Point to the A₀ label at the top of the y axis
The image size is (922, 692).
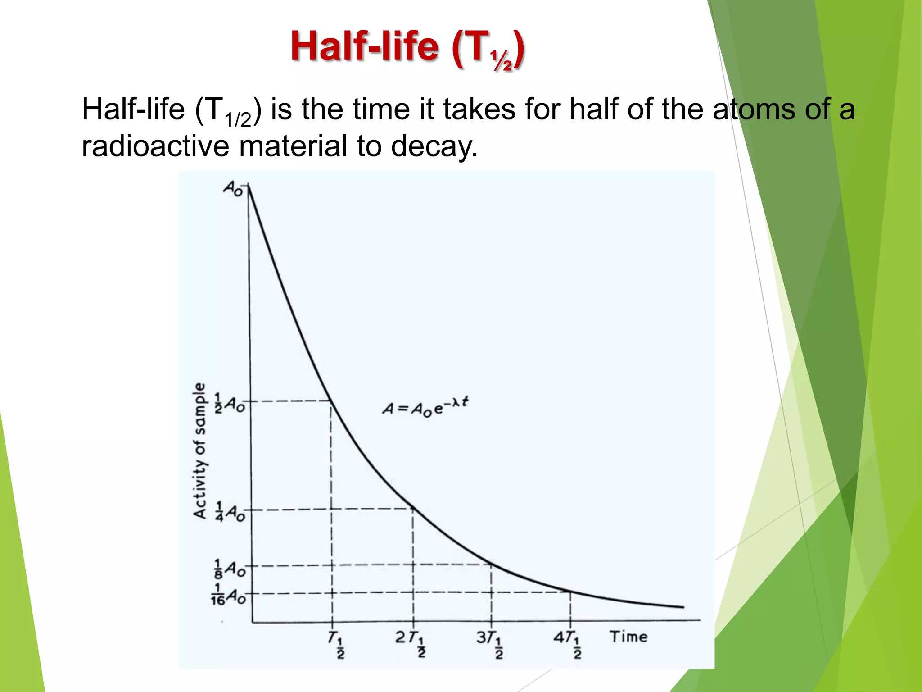coord(233,187)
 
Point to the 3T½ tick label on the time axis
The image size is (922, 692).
coord(490,643)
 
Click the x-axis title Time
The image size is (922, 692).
coord(628,637)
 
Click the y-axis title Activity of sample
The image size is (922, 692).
coord(200,451)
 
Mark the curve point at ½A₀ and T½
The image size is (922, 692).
coord(332,401)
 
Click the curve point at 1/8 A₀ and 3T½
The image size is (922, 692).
coord(491,565)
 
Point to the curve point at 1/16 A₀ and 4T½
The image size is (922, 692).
coord(570,592)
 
